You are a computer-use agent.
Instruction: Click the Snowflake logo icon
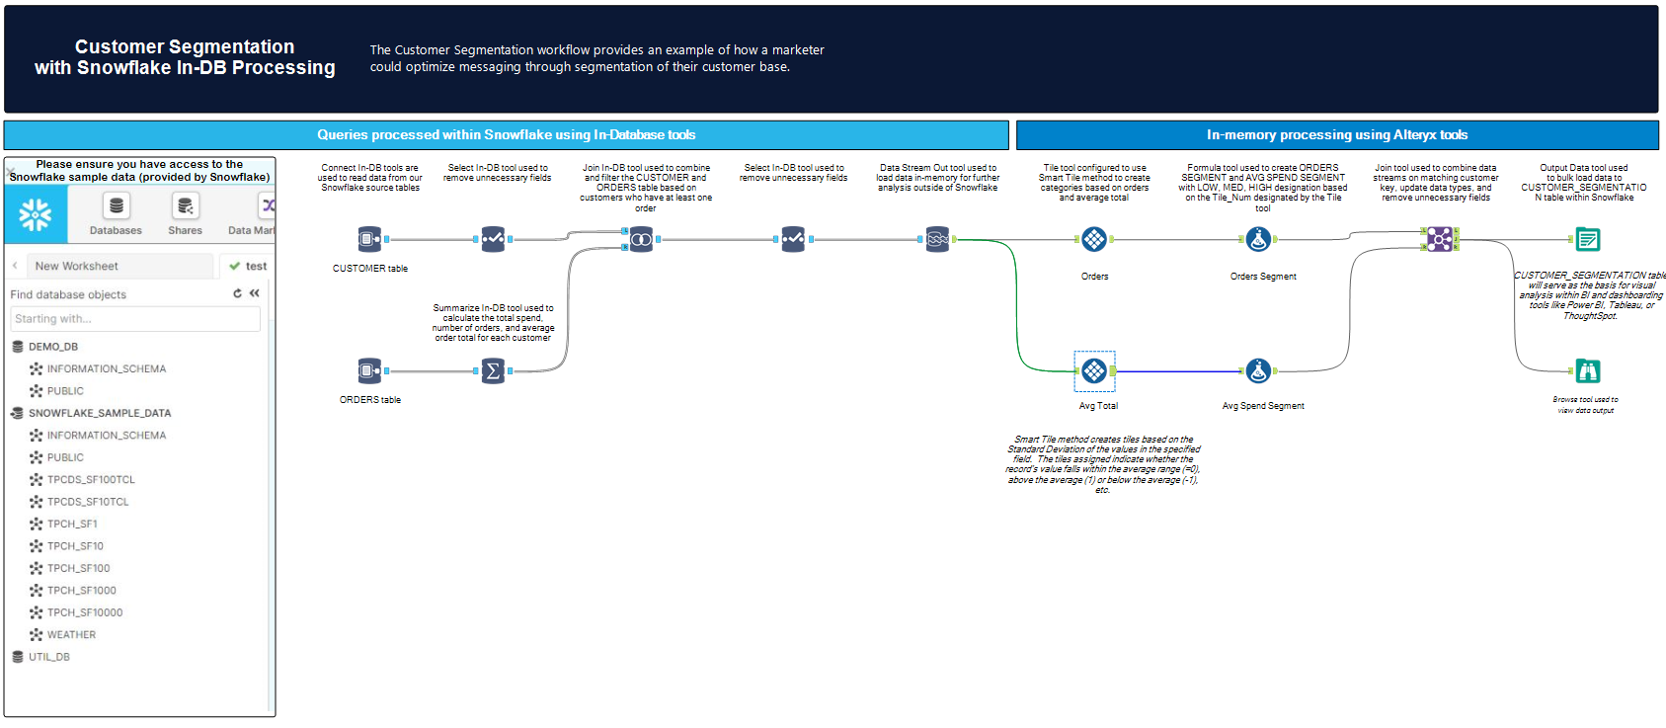tap(36, 214)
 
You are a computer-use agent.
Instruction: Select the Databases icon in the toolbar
tap(116, 206)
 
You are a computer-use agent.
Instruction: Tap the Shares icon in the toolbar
tap(185, 206)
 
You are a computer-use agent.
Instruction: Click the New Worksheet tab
tap(77, 266)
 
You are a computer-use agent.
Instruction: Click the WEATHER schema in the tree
tap(71, 635)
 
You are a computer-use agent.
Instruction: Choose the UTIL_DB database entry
tap(48, 657)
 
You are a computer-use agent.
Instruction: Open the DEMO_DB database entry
tap(52, 347)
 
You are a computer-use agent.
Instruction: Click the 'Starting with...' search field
tap(135, 319)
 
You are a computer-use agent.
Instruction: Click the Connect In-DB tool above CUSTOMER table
tap(369, 239)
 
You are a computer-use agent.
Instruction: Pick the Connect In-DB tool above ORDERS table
tap(369, 370)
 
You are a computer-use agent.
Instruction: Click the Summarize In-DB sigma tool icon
tap(493, 370)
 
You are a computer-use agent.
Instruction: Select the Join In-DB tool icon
tap(641, 239)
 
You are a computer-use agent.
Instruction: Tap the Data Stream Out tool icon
tap(937, 239)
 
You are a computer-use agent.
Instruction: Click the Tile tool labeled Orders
tap(1094, 239)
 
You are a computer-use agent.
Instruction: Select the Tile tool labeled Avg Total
tap(1094, 370)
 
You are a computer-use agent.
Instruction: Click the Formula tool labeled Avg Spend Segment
tap(1258, 370)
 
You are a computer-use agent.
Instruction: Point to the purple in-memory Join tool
tap(1439, 239)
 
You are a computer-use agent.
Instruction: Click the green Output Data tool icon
tap(1588, 239)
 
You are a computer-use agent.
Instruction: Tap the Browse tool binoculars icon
tap(1588, 370)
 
